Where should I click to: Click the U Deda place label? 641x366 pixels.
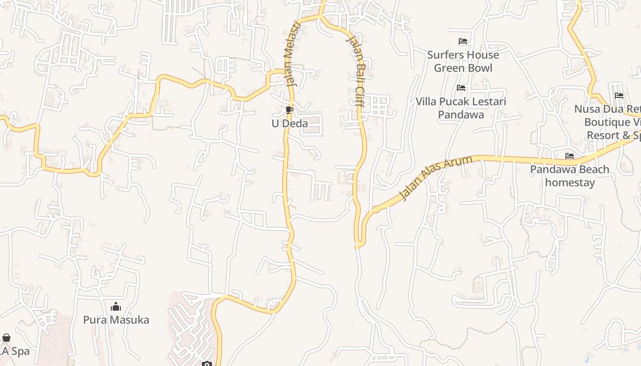[x=289, y=124]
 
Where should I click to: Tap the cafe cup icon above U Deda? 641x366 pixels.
[x=289, y=110]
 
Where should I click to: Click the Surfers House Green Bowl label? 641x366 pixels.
[x=463, y=61]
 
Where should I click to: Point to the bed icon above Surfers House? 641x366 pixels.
[x=463, y=41]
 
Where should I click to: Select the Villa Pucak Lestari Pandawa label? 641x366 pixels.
[x=461, y=108]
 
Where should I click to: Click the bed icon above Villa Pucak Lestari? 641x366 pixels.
[x=461, y=88]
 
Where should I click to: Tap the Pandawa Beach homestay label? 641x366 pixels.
[x=570, y=176]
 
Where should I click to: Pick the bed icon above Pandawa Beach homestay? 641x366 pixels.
[x=570, y=156]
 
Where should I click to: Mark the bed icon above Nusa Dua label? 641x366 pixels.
[x=619, y=96]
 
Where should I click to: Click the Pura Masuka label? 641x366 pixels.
[x=116, y=320]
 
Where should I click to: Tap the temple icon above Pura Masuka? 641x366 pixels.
[x=116, y=307]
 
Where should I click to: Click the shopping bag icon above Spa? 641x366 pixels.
[x=6, y=338]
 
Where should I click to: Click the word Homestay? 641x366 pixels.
[x=570, y=183]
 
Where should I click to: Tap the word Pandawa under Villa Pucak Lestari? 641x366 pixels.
[x=461, y=114]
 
